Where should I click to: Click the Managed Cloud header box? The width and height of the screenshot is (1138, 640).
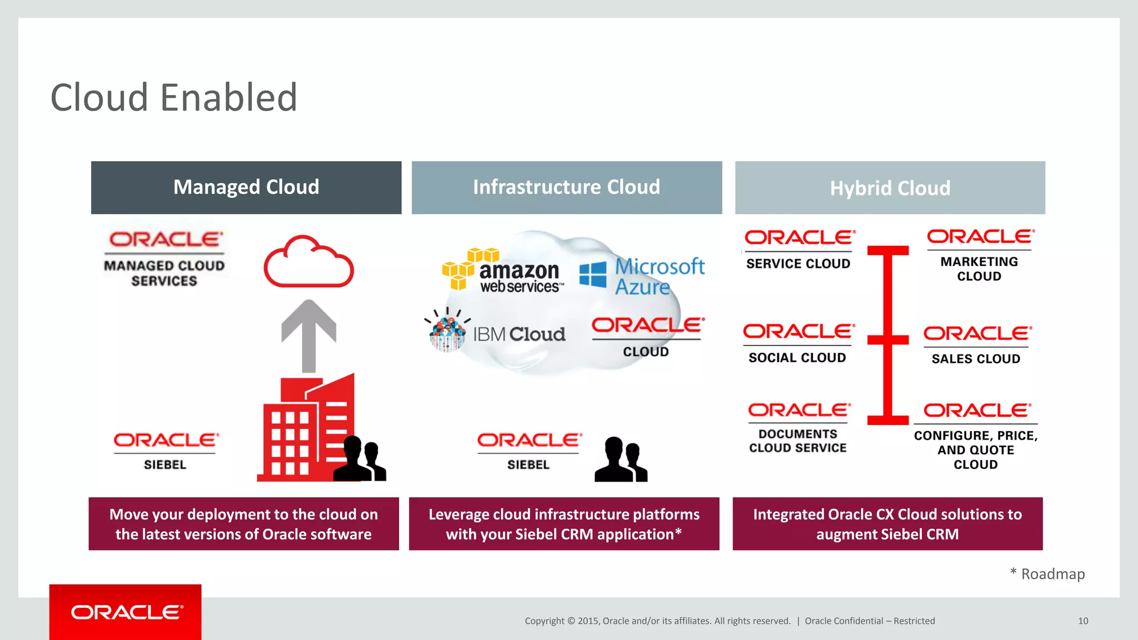[246, 187]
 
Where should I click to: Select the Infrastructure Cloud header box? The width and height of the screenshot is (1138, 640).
[566, 187]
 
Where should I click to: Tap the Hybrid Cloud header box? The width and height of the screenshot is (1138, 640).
[890, 188]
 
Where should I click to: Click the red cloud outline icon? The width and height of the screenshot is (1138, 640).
[308, 262]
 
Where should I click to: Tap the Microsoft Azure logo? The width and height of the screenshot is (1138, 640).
[642, 276]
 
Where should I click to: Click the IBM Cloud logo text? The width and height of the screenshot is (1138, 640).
[518, 334]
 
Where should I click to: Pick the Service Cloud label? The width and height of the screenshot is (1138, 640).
[798, 263]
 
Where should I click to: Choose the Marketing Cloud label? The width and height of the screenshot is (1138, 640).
[979, 269]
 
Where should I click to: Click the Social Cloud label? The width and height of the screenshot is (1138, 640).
[797, 358]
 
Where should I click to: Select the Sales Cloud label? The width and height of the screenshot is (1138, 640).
[976, 359]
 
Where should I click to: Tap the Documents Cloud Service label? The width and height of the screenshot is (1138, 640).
[798, 441]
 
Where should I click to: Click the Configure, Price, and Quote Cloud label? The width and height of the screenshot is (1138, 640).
[976, 450]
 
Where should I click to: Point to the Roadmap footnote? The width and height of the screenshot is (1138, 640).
[1047, 574]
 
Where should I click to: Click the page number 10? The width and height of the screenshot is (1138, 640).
[1083, 621]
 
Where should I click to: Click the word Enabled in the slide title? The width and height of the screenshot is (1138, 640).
[229, 98]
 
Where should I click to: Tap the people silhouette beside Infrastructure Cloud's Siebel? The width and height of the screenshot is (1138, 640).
[621, 460]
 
